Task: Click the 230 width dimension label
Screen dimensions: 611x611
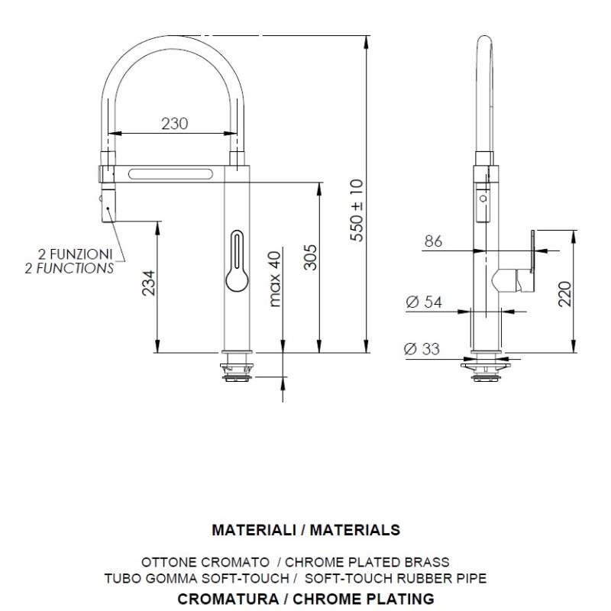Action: [x=175, y=124]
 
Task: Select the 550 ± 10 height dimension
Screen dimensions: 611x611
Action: [x=357, y=211]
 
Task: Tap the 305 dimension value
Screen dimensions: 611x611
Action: [x=311, y=257]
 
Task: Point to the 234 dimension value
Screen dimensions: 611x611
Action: [x=148, y=283]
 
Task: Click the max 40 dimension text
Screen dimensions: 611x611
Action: [x=275, y=279]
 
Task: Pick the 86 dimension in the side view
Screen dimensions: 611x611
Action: [x=433, y=241]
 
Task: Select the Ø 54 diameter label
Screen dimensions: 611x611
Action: [x=424, y=302]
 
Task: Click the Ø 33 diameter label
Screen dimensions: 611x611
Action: [x=422, y=349]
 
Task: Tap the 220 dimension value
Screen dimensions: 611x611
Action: [x=564, y=294]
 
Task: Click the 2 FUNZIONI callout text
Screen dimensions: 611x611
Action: [x=75, y=254]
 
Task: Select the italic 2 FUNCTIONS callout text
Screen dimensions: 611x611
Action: [x=70, y=268]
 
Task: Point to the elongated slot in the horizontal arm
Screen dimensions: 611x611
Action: [x=170, y=174]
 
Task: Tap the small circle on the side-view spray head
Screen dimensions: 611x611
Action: [x=483, y=199]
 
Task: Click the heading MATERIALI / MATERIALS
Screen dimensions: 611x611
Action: [x=306, y=530]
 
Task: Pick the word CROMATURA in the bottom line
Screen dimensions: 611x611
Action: [x=228, y=599]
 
